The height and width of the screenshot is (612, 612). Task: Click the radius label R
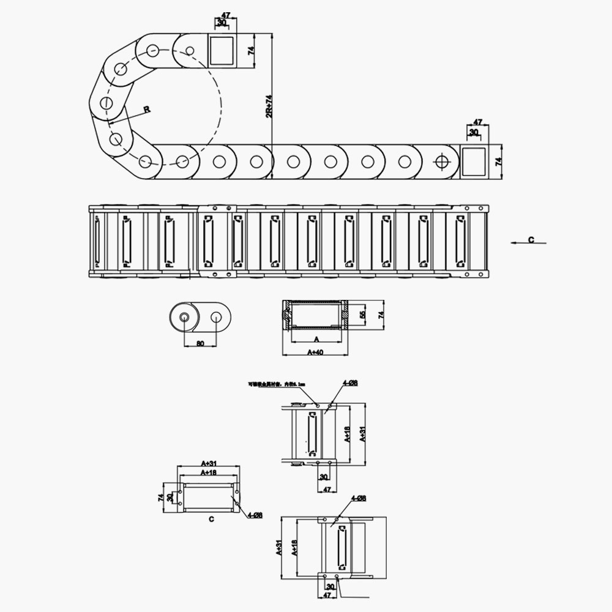[146, 110]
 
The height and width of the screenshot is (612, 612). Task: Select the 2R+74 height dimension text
[268, 106]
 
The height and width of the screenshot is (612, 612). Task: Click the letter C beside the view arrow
[531, 240]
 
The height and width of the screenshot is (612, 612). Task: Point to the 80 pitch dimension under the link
[200, 343]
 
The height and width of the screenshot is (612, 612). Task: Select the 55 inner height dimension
[362, 315]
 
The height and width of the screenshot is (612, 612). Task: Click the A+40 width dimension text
[316, 352]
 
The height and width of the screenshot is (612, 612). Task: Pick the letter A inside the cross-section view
[316, 338]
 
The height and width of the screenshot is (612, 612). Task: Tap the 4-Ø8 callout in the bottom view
[358, 499]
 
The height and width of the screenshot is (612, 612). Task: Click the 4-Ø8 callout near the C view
[255, 516]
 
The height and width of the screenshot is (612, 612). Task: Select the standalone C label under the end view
[211, 520]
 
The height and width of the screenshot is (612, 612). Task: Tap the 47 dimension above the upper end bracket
[225, 14]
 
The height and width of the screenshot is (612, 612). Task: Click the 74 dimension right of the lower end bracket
[498, 162]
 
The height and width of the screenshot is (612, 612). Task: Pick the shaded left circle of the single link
[183, 317]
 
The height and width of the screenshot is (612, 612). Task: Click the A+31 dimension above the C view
[209, 463]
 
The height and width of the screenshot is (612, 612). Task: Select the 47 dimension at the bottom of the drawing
[327, 594]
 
